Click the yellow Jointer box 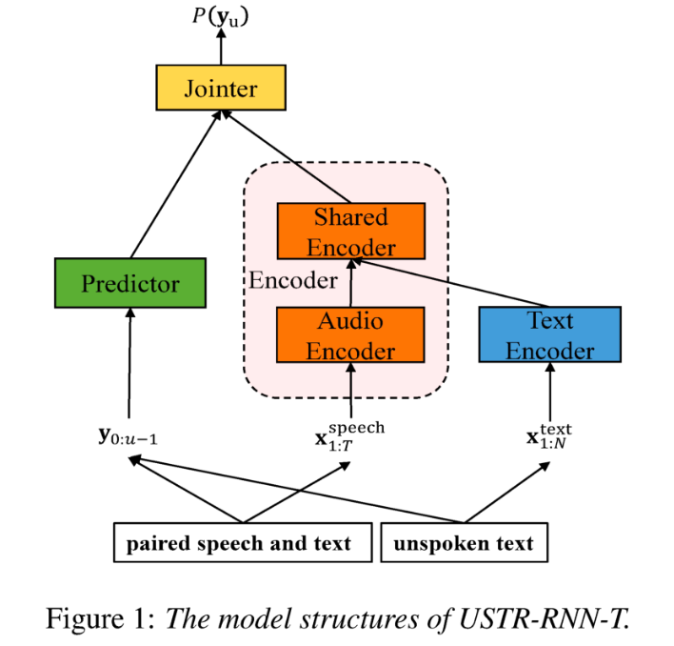tap(221, 90)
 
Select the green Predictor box tap(130, 283)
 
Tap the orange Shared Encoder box tap(349, 232)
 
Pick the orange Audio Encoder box tap(349, 334)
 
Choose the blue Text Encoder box tap(549, 334)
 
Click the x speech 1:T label tap(350, 435)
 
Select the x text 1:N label tap(548, 436)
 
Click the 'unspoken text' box tap(464, 544)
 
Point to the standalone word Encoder tap(292, 281)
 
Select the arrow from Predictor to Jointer tap(175, 185)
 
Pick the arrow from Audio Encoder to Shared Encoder tap(350, 283)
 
